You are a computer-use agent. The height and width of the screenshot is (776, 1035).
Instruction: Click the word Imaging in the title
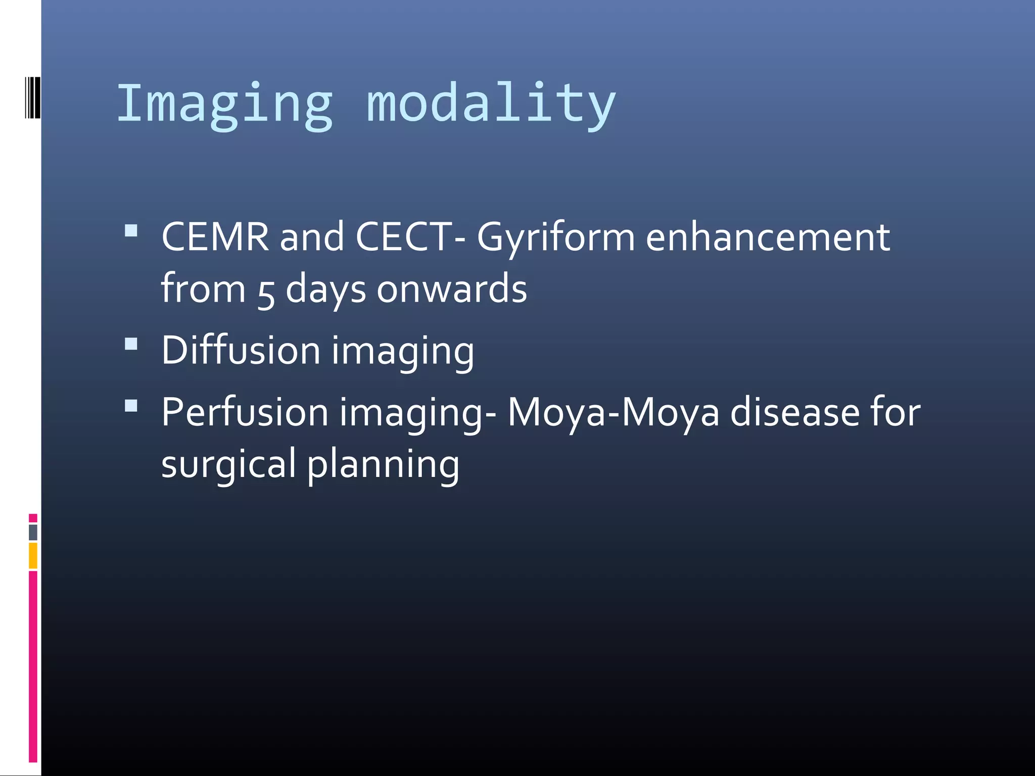point(225,104)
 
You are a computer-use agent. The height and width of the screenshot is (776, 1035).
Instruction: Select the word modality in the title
point(491,104)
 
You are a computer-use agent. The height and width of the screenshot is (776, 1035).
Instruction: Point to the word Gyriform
point(555,237)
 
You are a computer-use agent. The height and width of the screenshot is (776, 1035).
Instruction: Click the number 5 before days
point(266,292)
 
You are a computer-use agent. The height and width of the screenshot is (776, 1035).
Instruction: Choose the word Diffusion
point(241,350)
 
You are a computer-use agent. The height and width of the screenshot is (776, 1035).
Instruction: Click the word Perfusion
point(245,412)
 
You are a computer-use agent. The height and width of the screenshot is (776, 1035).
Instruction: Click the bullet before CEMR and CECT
point(131,231)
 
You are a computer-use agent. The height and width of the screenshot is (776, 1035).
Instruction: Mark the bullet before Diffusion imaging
point(131,344)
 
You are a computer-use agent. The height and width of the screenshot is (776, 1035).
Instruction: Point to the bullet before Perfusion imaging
point(131,406)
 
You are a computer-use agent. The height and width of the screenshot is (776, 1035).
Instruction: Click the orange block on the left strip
point(33,555)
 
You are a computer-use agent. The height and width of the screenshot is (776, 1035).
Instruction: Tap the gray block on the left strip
point(33,532)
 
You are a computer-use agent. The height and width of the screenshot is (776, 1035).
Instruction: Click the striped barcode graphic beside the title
point(33,98)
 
